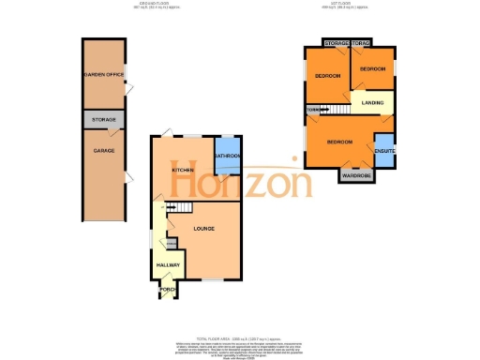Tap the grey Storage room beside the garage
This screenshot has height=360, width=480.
102,120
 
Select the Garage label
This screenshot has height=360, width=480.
102,149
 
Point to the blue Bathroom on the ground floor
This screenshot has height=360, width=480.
228,156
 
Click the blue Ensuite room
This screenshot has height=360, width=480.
384,150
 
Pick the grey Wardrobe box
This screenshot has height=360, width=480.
355,175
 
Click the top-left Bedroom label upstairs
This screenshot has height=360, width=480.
327,75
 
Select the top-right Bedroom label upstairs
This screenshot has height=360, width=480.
373,69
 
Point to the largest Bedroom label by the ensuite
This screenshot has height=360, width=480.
339,142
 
